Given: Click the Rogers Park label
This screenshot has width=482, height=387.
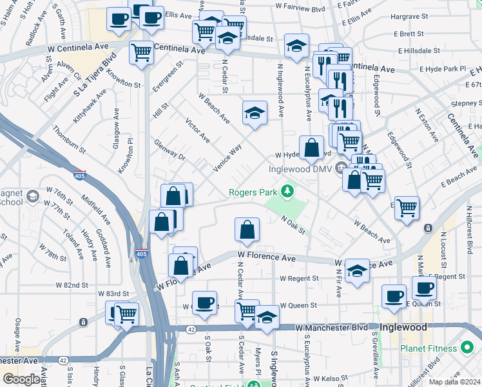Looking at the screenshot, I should [x=253, y=192].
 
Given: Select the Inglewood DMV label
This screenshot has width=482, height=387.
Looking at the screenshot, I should [x=299, y=170].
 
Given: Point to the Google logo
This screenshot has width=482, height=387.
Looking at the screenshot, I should [x=21, y=379].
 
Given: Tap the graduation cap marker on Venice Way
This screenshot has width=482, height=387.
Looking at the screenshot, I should [x=255, y=113].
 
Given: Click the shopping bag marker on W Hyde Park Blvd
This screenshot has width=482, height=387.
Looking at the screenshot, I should [x=311, y=147].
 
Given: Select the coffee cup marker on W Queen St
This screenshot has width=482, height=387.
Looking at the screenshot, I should [x=205, y=303].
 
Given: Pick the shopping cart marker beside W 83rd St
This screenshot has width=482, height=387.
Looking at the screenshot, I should [x=126, y=314].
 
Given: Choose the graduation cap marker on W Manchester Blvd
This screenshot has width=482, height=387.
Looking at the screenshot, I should [x=267, y=317].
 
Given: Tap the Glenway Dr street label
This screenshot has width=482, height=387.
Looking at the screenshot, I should [x=170, y=149].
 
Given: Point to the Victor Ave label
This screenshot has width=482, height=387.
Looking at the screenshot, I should [x=197, y=130].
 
